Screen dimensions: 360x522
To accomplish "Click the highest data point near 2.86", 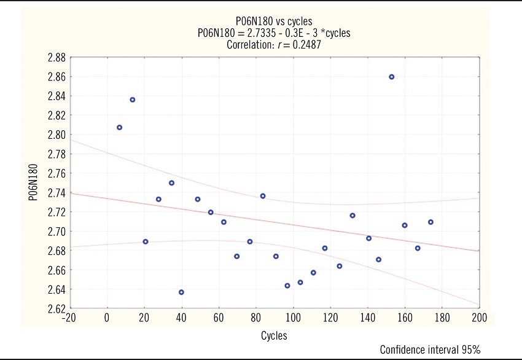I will (391, 77).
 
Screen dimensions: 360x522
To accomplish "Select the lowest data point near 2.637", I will (181, 292).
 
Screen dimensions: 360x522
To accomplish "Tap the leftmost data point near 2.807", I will (119, 127).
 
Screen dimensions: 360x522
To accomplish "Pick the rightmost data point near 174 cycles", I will (430, 222).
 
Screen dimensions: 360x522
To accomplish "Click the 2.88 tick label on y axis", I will (56, 58).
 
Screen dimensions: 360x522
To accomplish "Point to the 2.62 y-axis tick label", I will (56, 308).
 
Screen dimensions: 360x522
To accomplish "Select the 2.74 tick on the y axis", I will (56, 193).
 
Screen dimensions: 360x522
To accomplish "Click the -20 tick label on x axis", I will (69, 318).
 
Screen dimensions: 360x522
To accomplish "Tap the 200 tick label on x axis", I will (479, 318).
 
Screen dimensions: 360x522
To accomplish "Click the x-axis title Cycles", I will (274, 336).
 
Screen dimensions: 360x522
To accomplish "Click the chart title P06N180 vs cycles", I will (273, 22).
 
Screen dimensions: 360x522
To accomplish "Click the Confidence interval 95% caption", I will (430, 350).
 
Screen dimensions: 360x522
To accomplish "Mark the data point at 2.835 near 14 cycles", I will (132, 100).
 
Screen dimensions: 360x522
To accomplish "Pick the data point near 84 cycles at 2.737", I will (263, 196).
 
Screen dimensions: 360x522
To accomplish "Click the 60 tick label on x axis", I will (219, 318).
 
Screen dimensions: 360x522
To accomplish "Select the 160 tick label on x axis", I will (405, 318).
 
